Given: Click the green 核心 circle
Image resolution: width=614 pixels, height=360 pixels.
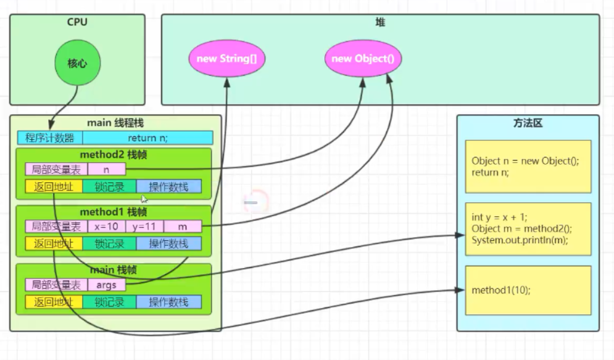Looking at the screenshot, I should click(78, 63).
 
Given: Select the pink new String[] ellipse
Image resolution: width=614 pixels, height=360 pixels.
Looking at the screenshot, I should click(226, 59).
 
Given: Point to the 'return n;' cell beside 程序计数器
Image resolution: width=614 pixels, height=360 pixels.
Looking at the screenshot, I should click(147, 138).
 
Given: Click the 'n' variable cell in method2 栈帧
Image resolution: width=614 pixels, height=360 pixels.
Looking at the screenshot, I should click(107, 169).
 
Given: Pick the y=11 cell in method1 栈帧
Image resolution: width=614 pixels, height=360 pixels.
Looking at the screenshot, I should click(144, 227).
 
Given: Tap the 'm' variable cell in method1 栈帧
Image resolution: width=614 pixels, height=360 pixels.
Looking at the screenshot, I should click(183, 227).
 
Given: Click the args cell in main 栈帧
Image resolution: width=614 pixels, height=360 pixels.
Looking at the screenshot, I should click(106, 285).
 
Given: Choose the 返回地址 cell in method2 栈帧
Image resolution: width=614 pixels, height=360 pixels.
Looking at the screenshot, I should click(53, 186).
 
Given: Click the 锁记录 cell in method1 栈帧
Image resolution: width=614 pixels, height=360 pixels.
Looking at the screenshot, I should click(109, 244).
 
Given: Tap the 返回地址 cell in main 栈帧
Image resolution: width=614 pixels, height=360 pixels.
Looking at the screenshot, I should click(53, 302).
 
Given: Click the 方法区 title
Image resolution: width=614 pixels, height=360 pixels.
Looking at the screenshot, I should click(528, 123).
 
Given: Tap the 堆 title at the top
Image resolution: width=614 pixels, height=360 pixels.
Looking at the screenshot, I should click(380, 23).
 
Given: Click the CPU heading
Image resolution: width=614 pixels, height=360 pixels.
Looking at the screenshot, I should click(78, 23).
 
